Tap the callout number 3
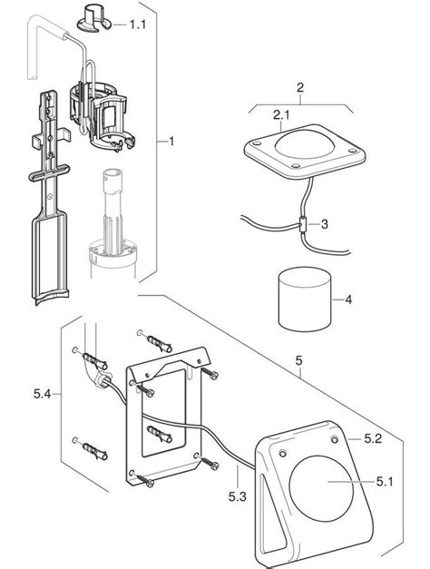[x=323, y=222]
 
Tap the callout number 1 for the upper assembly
[x=170, y=142]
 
